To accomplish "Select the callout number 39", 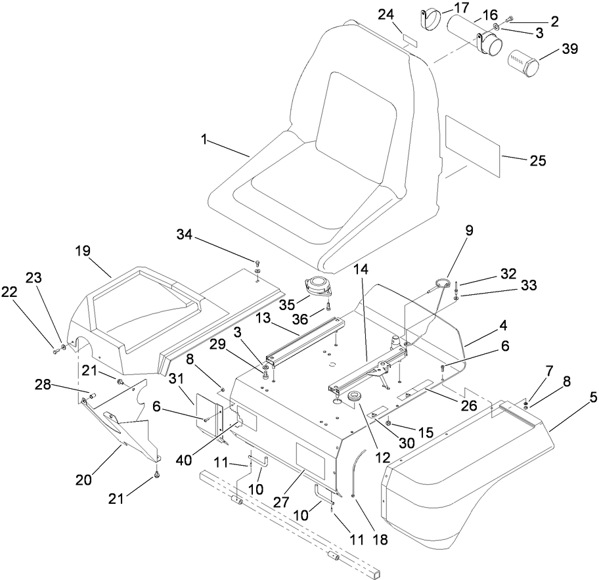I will tap(568, 49).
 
